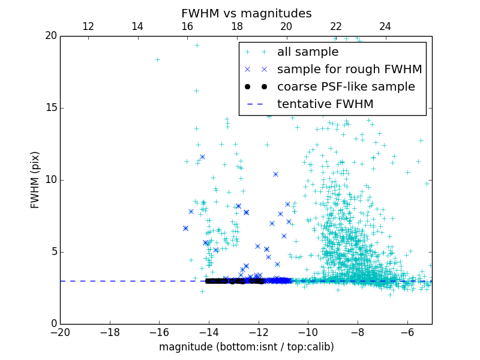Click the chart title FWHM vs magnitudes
pos(246,13)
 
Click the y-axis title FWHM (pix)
pos(35,179)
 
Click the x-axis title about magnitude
pos(246,347)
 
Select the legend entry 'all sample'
pos(308,52)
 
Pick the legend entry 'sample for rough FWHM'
pos(349,70)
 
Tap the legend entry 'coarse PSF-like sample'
pos(346,87)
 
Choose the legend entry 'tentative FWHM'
pos(325,104)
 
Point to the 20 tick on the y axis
pos(50,36)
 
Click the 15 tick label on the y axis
pos(50,108)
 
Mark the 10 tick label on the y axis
pos(50,180)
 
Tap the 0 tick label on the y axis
pos(53,324)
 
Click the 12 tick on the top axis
pos(88,26)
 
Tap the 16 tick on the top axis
pos(187,26)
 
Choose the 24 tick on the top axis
pos(385,26)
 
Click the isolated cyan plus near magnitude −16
pos(157,59)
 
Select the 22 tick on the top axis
pos(336,26)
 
